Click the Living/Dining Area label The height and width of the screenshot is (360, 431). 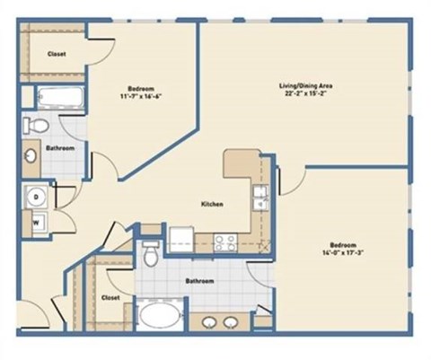(306, 84)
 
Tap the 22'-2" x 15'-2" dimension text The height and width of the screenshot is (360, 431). (306, 92)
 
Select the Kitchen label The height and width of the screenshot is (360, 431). (212, 205)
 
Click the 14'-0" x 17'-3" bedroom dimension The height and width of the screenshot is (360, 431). (344, 253)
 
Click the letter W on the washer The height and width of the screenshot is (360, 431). (37, 217)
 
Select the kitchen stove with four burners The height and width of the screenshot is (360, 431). (224, 240)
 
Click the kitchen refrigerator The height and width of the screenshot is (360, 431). (181, 238)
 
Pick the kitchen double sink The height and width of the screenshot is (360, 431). (259, 197)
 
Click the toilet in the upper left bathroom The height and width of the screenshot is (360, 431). (34, 124)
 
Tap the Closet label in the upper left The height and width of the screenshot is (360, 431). (56, 54)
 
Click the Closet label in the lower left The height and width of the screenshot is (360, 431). (111, 296)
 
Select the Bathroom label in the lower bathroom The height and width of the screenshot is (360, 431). (199, 281)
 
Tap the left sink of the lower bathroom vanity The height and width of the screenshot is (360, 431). (209, 320)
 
